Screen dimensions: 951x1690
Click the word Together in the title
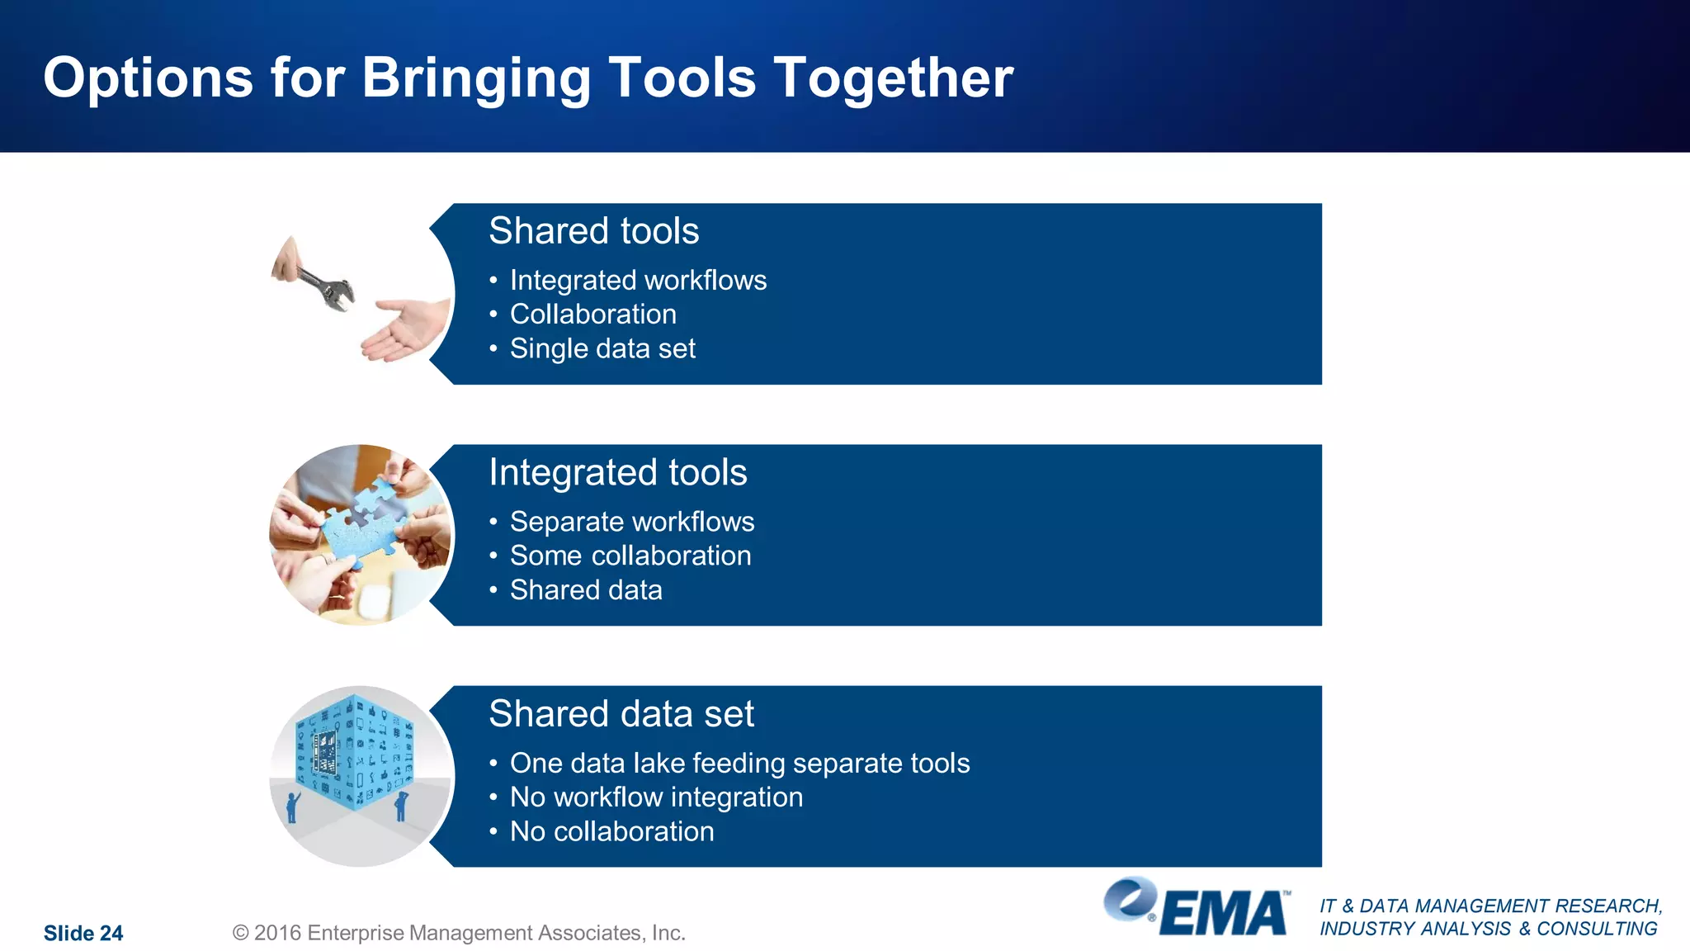pyautogui.click(x=893, y=78)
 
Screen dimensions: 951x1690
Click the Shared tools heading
pyautogui.click(x=593, y=230)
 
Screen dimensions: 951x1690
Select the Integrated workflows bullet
pyautogui.click(x=638, y=281)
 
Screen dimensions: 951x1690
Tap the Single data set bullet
pyautogui.click(x=602, y=348)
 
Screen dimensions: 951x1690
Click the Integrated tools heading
pyautogui.click(x=617, y=472)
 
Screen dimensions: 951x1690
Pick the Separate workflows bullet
pyautogui.click(x=632, y=522)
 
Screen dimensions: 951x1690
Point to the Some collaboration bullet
pyautogui.click(x=630, y=556)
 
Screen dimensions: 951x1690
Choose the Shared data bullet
pyautogui.click(x=586, y=590)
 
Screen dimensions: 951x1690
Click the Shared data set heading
pyautogui.click(x=621, y=713)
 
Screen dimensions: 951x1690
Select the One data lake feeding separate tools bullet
pyautogui.click(x=739, y=763)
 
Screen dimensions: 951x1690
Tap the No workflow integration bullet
pyautogui.click(x=656, y=797)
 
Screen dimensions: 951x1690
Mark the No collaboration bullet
pyautogui.click(x=611, y=831)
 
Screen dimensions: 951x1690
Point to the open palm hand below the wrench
pyautogui.click(x=404, y=330)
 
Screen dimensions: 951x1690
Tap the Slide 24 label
pyautogui.click(x=83, y=934)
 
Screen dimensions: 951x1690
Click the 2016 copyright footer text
pyautogui.click(x=459, y=933)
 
